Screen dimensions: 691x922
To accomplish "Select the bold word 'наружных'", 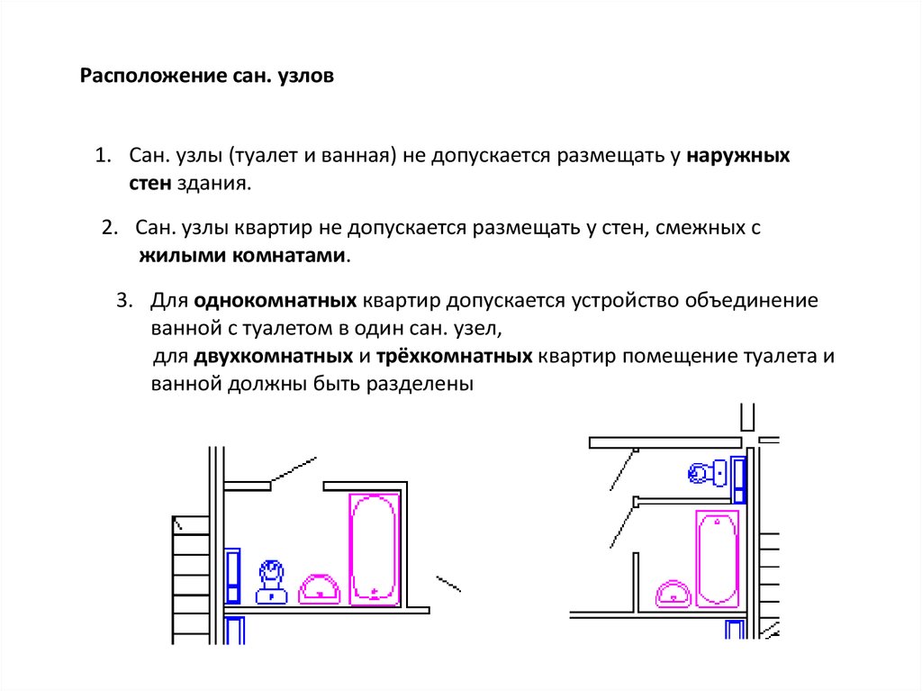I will [738, 156].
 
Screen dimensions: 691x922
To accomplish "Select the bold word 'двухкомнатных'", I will [273, 356].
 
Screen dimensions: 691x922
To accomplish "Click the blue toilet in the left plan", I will [271, 581].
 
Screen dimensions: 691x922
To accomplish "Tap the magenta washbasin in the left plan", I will [320, 589].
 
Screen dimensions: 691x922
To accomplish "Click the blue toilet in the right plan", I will [709, 473].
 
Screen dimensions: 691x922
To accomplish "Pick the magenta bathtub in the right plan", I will [717, 559].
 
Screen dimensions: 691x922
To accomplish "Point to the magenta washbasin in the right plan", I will [673, 594].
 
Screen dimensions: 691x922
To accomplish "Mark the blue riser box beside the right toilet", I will [739, 479].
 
